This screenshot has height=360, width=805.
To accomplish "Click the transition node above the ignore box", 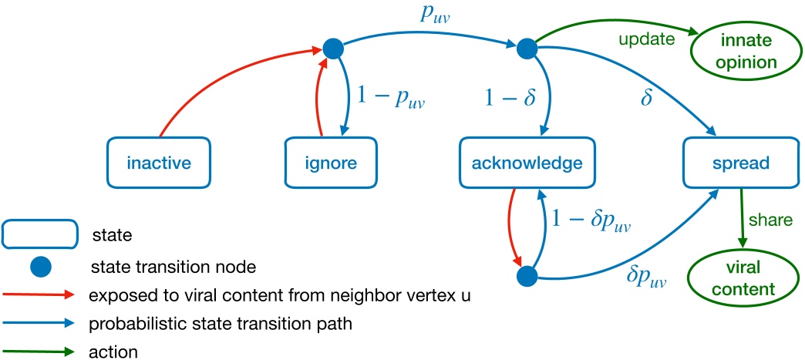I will pyautogui.click(x=332, y=49).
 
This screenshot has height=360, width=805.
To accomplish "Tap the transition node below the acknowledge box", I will pyautogui.click(x=526, y=274).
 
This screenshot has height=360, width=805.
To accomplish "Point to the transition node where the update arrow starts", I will pyautogui.click(x=527, y=49).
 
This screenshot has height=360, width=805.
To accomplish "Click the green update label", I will pyautogui.click(x=645, y=38).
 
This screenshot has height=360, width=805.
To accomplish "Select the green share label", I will pyautogui.click(x=775, y=220).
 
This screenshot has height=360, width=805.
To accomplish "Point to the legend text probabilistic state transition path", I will pyautogui.click(x=221, y=324).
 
